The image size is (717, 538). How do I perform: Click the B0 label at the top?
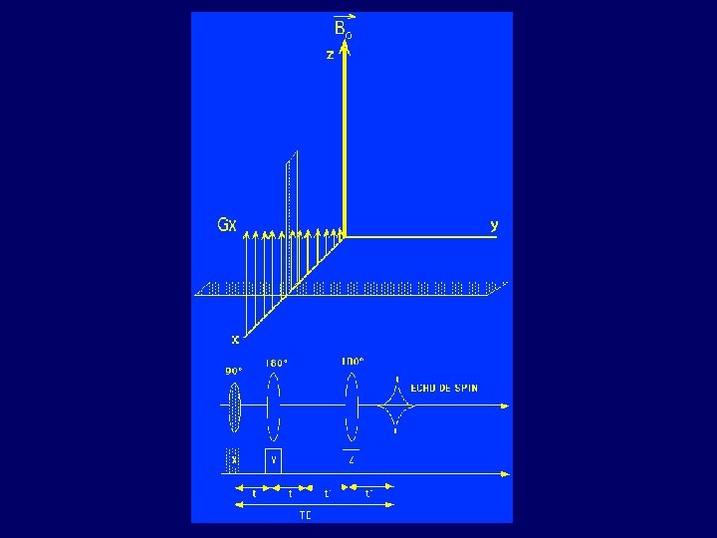(x=343, y=29)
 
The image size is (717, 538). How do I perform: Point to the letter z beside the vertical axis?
(x=330, y=55)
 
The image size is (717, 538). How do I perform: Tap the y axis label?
(x=494, y=225)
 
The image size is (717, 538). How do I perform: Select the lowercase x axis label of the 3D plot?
(x=235, y=339)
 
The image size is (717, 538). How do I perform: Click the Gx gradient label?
(x=227, y=225)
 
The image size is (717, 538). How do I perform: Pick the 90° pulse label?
(x=233, y=371)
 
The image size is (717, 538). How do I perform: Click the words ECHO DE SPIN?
(x=443, y=389)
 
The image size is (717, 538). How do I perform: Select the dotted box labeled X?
(x=234, y=460)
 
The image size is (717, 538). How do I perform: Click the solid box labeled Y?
(x=274, y=460)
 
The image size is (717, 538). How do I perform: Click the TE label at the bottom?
(x=306, y=515)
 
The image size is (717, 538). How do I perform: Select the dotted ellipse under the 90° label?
(x=234, y=406)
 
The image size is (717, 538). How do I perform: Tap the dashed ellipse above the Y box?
(x=274, y=406)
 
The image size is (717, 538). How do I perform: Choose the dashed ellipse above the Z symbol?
(x=352, y=406)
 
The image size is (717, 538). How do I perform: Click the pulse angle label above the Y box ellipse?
(x=276, y=363)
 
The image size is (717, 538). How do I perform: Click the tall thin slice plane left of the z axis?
(x=291, y=199)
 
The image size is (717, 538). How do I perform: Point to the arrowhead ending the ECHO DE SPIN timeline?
(x=506, y=406)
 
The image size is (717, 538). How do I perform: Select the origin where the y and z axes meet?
(x=345, y=236)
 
